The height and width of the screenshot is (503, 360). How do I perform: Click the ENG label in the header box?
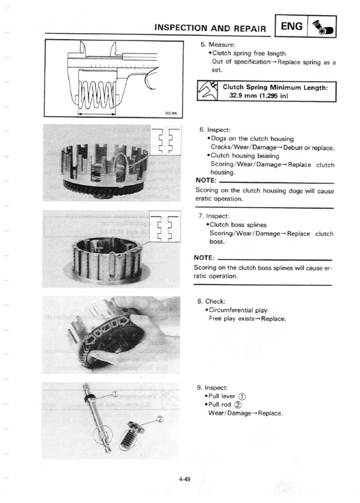tap(291, 26)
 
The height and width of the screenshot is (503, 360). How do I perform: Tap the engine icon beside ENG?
tap(322, 27)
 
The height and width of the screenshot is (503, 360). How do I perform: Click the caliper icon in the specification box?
tap(207, 91)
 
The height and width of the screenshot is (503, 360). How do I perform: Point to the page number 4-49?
tap(184, 479)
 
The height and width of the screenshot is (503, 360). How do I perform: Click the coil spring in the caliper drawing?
tap(97, 95)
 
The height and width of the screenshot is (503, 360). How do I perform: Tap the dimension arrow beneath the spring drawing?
tap(97, 113)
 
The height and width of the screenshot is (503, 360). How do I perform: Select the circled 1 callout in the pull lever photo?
tap(115, 394)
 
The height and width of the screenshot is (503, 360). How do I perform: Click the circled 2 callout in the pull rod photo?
tap(160, 419)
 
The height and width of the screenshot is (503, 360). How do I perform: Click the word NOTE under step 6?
tap(206, 180)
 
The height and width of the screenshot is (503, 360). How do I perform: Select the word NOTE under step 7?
tap(204, 258)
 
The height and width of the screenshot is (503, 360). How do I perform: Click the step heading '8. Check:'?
tap(211, 301)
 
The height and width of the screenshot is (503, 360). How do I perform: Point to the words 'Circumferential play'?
tap(238, 310)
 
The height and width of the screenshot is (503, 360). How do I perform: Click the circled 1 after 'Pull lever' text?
tap(242, 396)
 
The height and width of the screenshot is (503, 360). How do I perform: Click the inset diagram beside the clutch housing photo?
tap(165, 140)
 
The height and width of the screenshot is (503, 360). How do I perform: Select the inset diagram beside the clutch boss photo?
tap(165, 226)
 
